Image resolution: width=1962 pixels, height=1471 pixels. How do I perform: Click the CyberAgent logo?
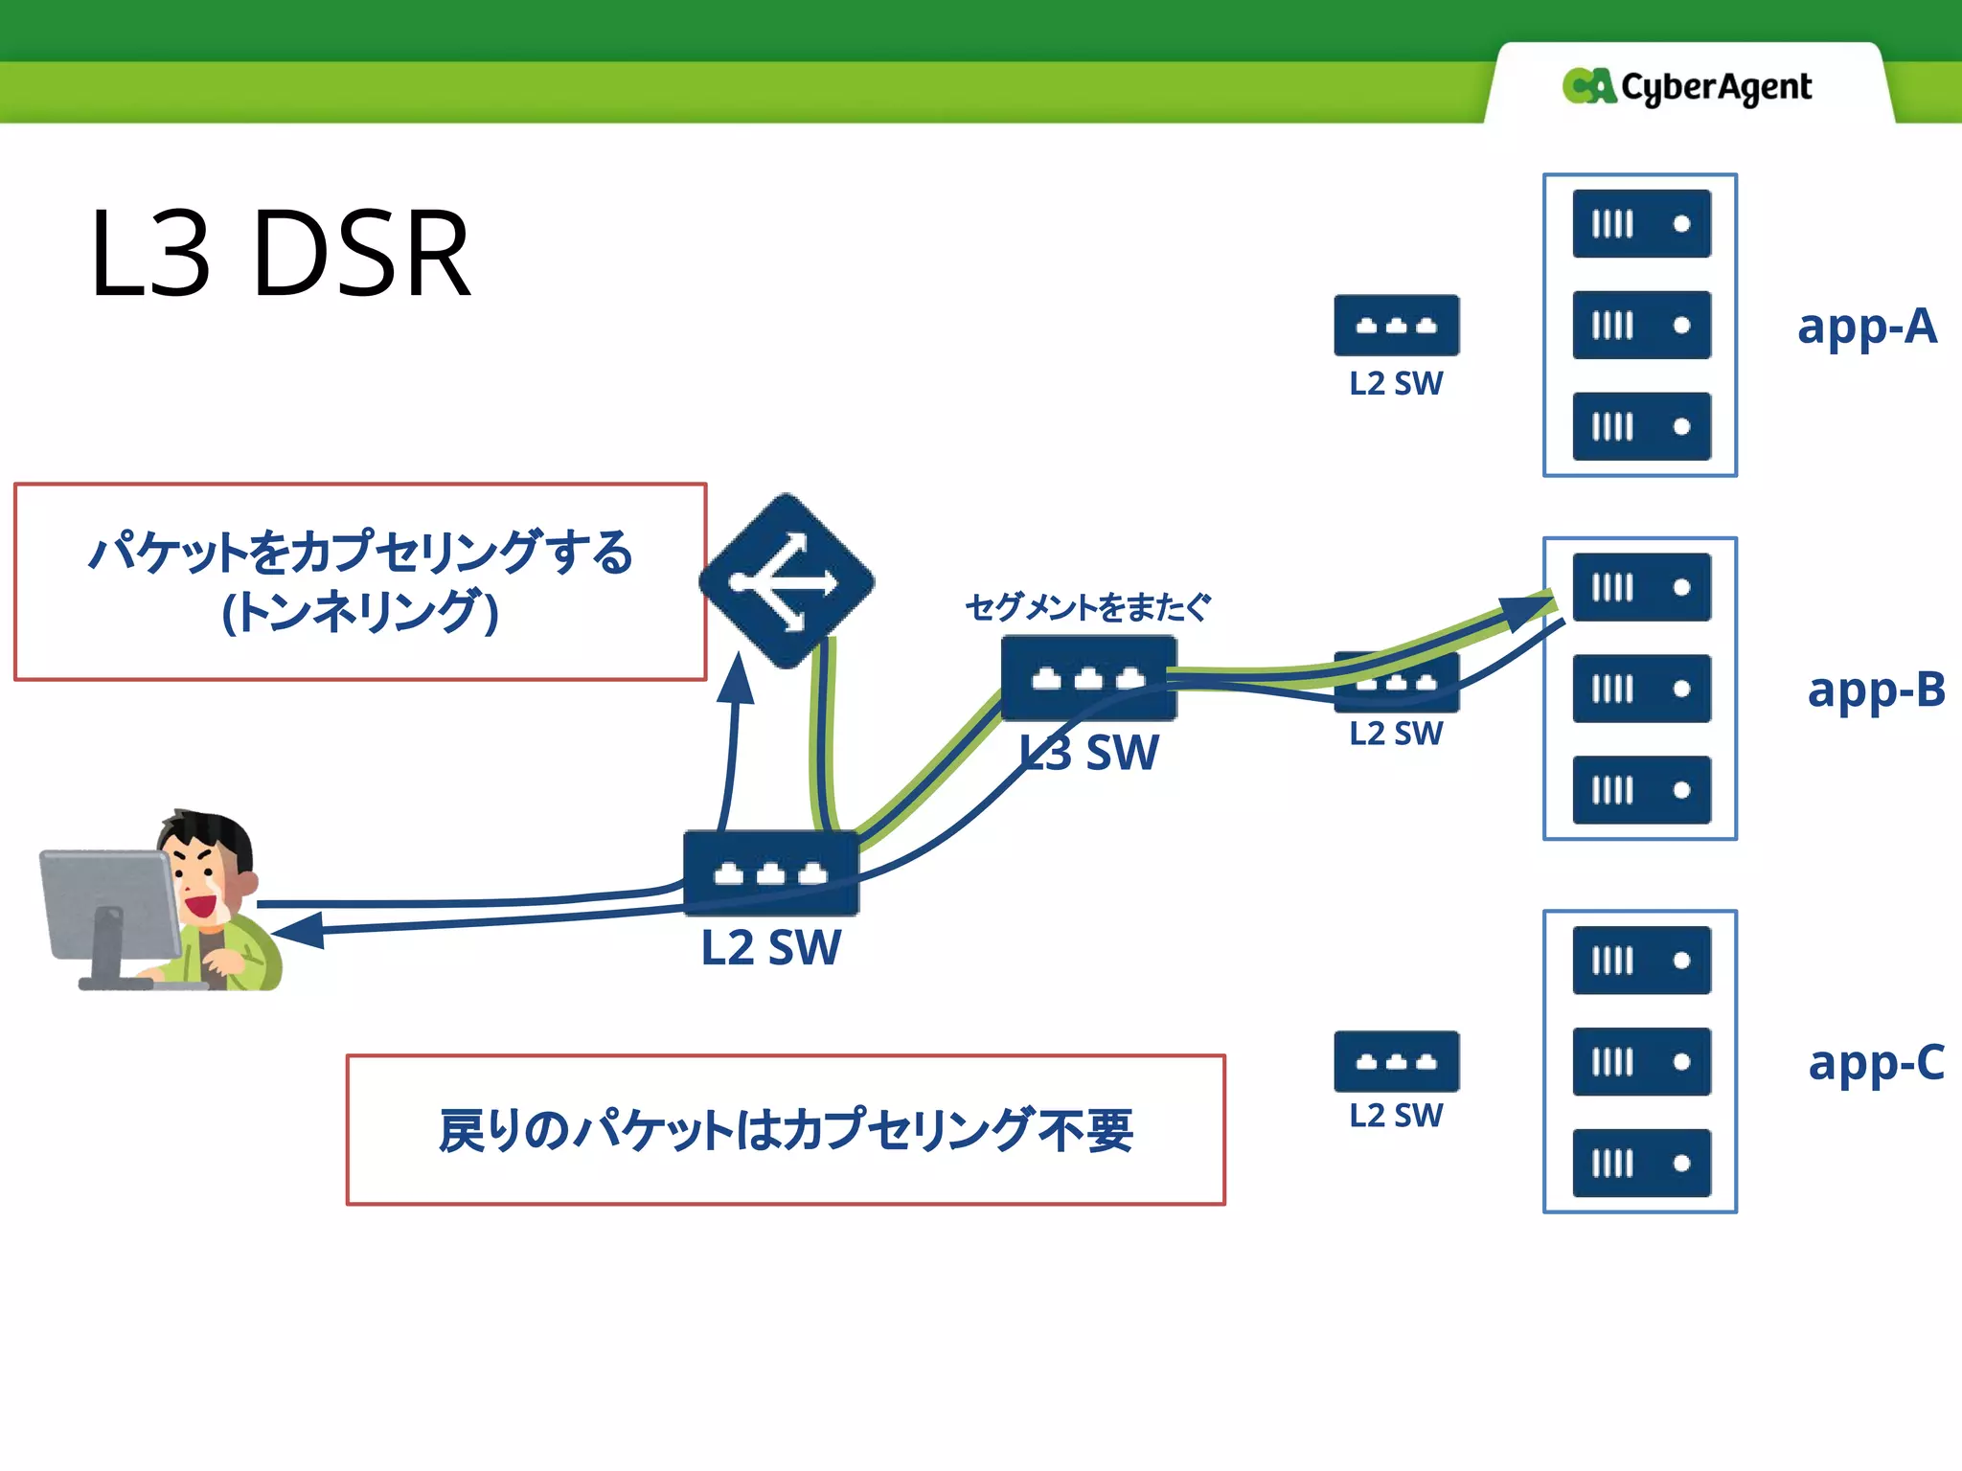1686,87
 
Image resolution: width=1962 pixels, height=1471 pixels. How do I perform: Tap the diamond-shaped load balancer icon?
787,581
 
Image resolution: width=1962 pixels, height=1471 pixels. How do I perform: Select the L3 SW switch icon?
1088,678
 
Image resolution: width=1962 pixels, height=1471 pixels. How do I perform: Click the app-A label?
1866,327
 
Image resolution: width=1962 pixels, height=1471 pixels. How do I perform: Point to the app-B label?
1875,690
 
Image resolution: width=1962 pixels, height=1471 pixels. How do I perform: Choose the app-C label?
1875,1063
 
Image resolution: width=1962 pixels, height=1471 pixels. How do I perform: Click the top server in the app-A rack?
1641,224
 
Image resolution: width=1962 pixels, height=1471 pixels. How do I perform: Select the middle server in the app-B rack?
1641,689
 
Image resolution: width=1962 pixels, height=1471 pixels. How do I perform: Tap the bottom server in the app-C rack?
1641,1164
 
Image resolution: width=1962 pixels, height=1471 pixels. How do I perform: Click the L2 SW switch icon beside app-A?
1396,326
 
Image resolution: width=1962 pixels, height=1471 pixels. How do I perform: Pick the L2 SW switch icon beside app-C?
1396,1062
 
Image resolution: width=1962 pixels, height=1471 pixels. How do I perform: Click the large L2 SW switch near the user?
770,872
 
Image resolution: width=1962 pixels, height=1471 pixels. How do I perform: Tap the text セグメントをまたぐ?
1087,607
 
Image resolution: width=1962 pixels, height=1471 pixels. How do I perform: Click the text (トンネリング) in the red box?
360,613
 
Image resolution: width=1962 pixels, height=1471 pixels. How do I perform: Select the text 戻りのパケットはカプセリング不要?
786,1131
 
